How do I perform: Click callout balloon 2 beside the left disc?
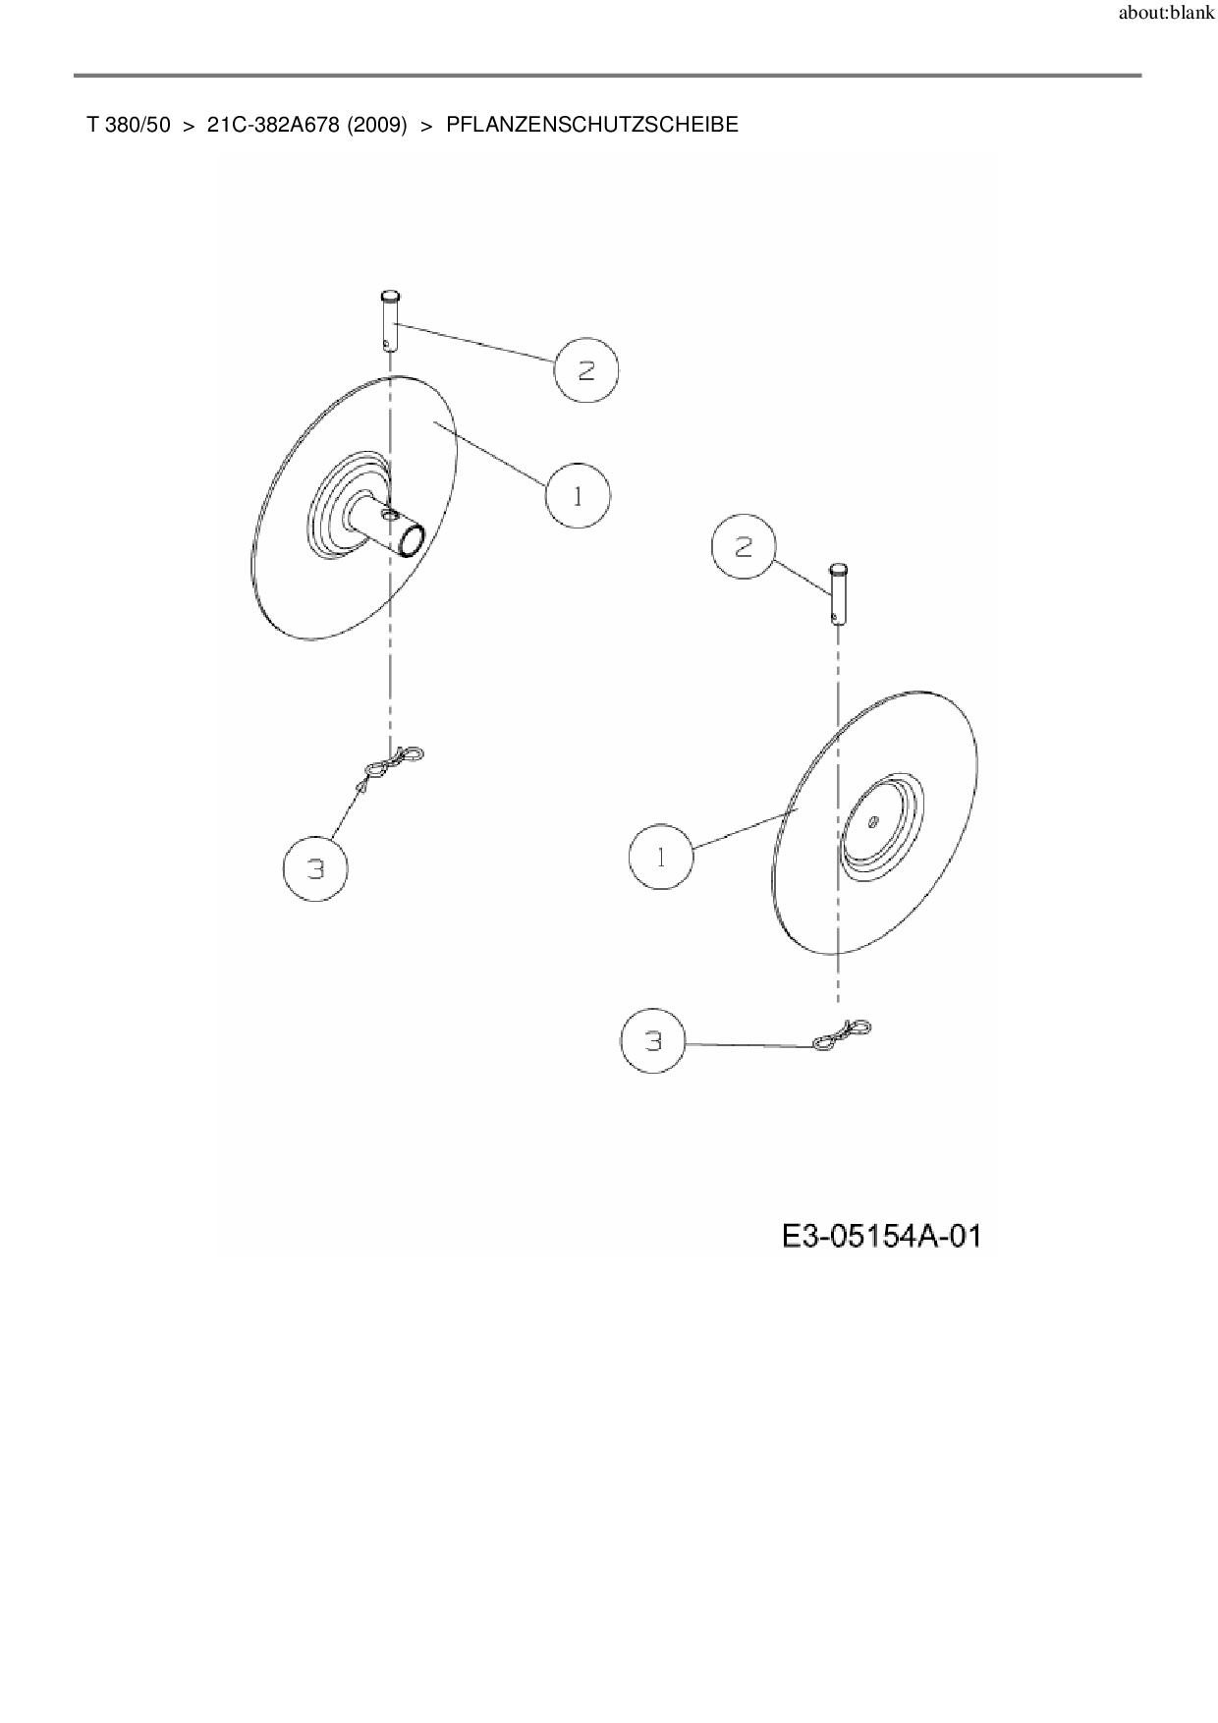[x=586, y=369]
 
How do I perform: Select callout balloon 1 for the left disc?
[x=578, y=497]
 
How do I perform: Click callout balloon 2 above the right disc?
[x=744, y=546]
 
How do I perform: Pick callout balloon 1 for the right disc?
[x=660, y=858]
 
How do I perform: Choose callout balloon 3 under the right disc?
[x=654, y=1041]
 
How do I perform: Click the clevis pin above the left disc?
[x=391, y=319]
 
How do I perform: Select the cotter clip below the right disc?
[x=842, y=1034]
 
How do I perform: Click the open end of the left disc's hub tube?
[x=412, y=540]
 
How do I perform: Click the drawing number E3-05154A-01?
[x=881, y=1235]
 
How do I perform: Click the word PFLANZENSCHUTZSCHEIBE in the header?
[x=592, y=125]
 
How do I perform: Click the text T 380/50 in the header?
[x=129, y=125]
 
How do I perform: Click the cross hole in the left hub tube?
[x=390, y=515]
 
